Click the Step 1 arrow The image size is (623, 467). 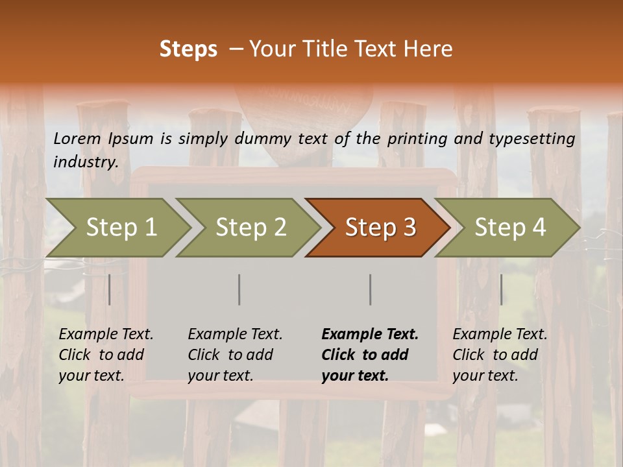click(x=121, y=228)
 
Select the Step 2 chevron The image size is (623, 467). click(x=250, y=228)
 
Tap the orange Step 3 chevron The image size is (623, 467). click(x=380, y=228)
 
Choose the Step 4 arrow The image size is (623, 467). click(x=510, y=228)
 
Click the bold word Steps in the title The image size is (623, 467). click(x=188, y=49)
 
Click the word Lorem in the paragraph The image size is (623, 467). click(x=77, y=139)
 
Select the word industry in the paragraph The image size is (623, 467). click(x=85, y=162)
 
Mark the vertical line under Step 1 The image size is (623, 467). click(x=110, y=289)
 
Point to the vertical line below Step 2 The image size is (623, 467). click(x=239, y=289)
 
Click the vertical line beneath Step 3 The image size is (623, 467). click(x=370, y=289)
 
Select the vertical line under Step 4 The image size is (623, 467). click(x=501, y=289)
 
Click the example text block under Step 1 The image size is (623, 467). click(x=106, y=355)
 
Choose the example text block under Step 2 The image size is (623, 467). click(x=235, y=355)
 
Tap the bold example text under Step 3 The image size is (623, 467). click(x=370, y=355)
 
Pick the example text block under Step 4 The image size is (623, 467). click(x=500, y=355)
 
